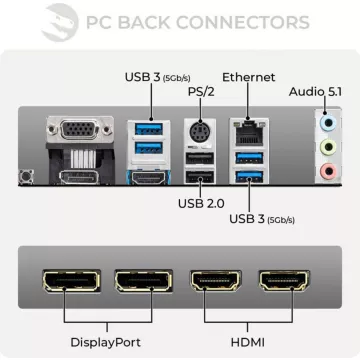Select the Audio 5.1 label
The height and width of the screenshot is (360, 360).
tap(316, 92)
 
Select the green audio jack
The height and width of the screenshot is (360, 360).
tap(324, 148)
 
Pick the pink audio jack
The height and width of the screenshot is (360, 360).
tap(324, 170)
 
